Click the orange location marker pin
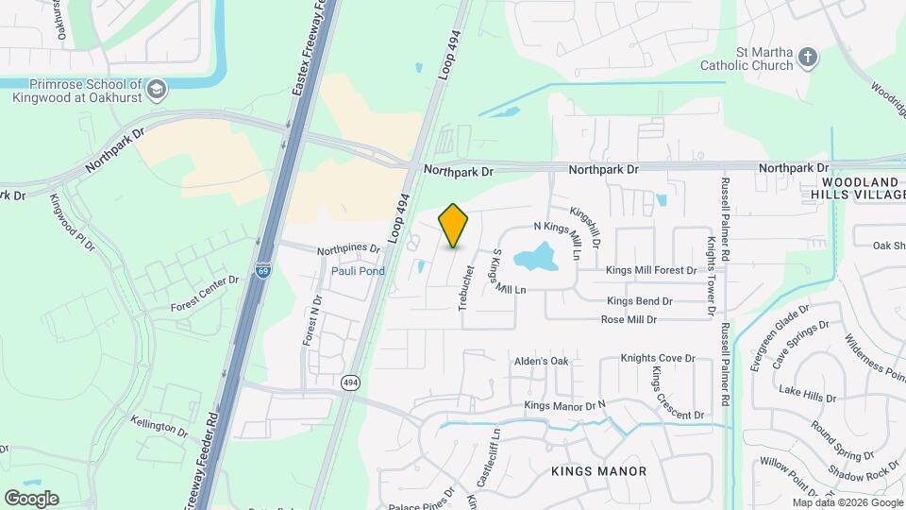[x=454, y=225]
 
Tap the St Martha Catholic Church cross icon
[x=807, y=58]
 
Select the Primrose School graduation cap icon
[x=157, y=91]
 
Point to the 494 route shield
[x=350, y=382]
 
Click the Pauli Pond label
[x=358, y=271]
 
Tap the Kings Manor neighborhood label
[x=600, y=470]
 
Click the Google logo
[x=31, y=498]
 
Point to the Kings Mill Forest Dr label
[x=651, y=270]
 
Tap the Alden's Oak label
[x=541, y=361]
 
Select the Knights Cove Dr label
[x=657, y=359]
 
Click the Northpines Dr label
[x=347, y=250]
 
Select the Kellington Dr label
[x=159, y=426]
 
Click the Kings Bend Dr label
[x=640, y=301]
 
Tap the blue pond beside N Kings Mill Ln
[x=536, y=256]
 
